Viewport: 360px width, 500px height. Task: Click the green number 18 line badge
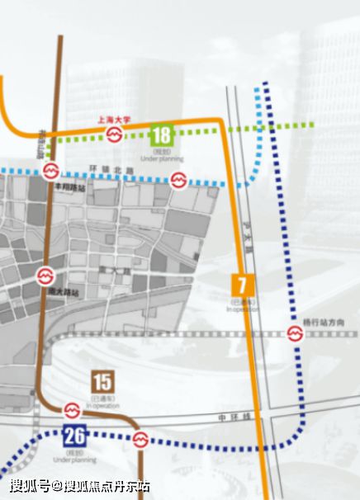click(x=162, y=135)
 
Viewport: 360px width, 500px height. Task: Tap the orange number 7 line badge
click(x=241, y=285)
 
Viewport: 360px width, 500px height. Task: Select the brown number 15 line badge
click(x=103, y=382)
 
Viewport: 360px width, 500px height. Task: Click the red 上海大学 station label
click(x=114, y=119)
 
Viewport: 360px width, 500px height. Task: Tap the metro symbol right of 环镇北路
click(x=178, y=182)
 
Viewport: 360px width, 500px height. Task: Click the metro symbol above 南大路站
click(x=44, y=275)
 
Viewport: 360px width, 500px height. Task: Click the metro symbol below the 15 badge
click(x=72, y=410)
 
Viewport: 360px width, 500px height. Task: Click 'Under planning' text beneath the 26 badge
click(x=74, y=459)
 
